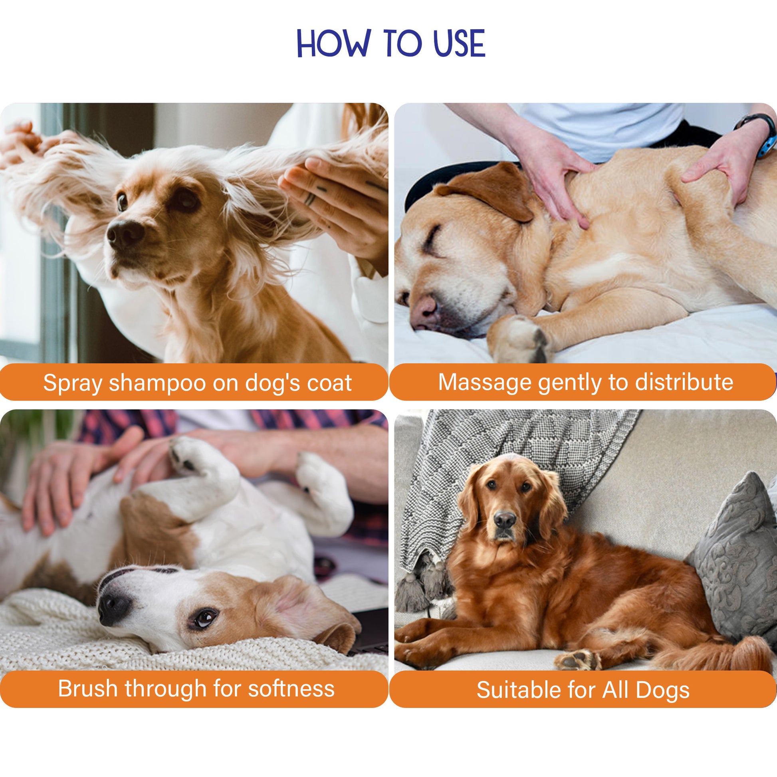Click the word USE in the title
click(459, 43)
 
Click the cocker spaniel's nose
click(125, 233)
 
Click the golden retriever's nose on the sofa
click(505, 520)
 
